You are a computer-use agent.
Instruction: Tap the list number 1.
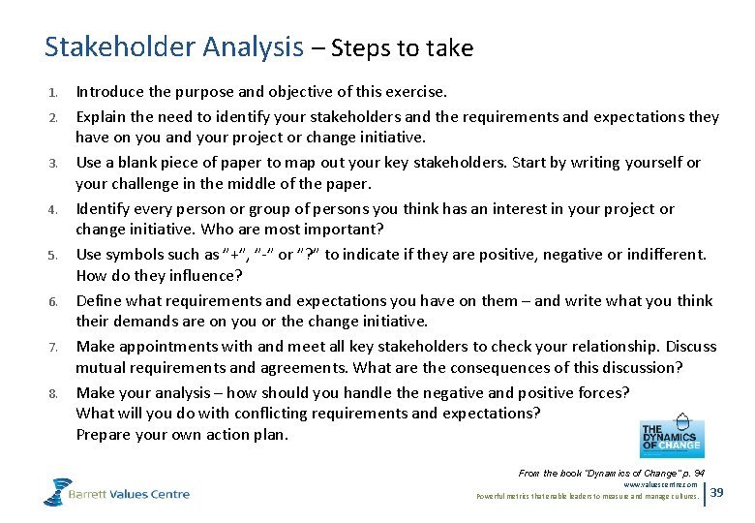[x=53, y=93]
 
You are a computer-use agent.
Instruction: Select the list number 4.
[x=53, y=209]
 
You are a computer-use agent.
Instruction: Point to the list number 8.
[x=53, y=393]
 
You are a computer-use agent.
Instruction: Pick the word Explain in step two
[x=102, y=116]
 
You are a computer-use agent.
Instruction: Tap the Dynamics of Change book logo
[x=672, y=438]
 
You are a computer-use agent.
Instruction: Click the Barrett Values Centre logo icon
[x=57, y=491]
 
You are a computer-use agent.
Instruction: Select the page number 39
[x=717, y=493]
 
